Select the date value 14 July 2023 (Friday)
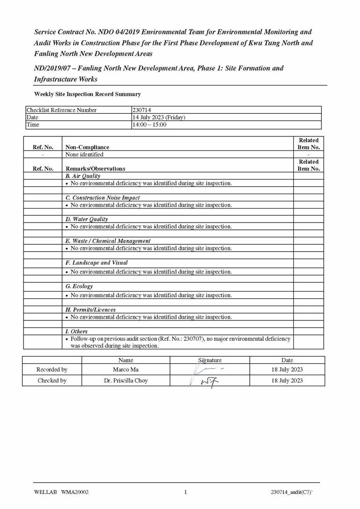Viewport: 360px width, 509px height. (159, 117)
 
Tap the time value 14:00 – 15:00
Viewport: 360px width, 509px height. (149, 125)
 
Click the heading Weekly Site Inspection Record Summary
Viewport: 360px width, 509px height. (87, 94)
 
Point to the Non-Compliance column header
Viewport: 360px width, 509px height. (87, 147)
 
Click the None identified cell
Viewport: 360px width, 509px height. (84, 154)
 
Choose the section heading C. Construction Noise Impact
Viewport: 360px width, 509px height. (102, 198)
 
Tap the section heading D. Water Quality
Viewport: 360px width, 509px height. (87, 219)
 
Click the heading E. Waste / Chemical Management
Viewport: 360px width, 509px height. (108, 241)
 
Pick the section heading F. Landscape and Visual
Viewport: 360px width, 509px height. (97, 263)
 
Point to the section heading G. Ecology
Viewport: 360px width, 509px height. (79, 286)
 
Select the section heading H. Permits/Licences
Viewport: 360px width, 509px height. (90, 310)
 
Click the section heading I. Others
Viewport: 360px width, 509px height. (77, 331)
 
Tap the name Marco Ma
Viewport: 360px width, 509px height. (126, 369)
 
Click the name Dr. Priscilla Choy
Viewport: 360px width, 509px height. (126, 381)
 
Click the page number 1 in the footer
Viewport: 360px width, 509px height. (185, 492)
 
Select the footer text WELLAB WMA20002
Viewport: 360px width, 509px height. (61, 492)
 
